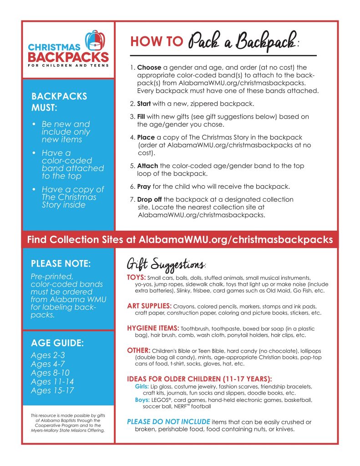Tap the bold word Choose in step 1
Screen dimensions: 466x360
click(149, 68)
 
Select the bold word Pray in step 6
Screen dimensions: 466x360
click(144, 187)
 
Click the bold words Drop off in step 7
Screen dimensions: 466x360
click(150, 199)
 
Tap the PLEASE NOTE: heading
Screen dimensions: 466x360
click(61, 263)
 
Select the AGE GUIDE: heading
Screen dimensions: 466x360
click(57, 343)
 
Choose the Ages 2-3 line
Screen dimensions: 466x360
click(48, 355)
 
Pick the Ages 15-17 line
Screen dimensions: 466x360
click(52, 390)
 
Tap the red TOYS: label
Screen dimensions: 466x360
click(136, 277)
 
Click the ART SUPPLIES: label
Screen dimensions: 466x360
click(149, 306)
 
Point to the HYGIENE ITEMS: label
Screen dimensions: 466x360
click(153, 328)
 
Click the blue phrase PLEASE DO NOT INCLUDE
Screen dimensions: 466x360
click(168, 422)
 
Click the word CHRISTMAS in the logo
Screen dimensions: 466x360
click(54, 47)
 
